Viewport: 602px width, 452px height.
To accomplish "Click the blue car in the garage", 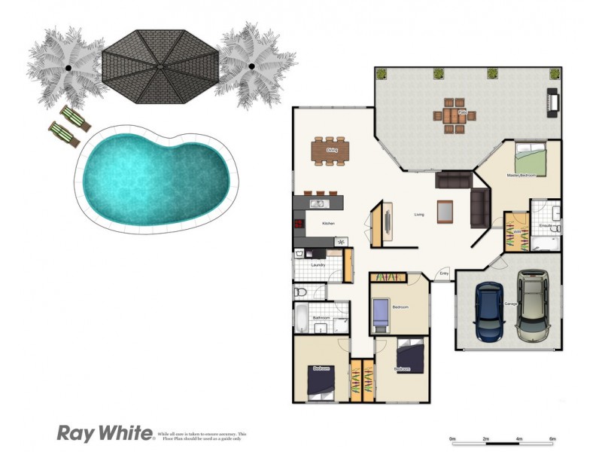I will click(490, 313).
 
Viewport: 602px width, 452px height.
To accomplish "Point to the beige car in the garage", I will click(533, 305).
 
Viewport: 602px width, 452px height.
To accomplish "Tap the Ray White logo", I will click(105, 433).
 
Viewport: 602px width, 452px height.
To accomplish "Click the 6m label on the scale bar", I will click(552, 438).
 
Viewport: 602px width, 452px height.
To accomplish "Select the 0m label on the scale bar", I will click(452, 438).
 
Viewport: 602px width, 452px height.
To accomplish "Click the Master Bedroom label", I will click(521, 175).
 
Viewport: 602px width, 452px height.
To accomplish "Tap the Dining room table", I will click(331, 151).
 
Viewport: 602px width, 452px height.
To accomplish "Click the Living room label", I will click(419, 215).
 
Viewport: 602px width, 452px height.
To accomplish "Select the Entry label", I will click(444, 273).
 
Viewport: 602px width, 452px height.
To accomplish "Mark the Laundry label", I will click(318, 264).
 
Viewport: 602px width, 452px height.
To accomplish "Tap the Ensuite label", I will click(546, 226).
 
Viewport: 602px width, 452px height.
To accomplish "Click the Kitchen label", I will click(328, 224).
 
